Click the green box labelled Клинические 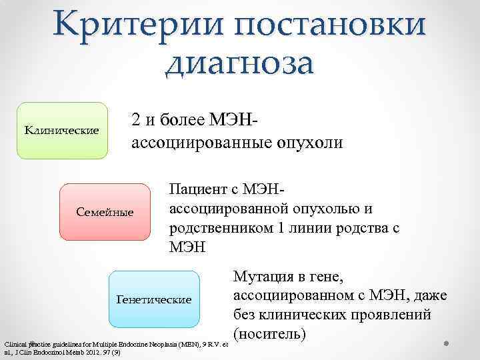click(x=62, y=130)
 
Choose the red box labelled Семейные click(x=105, y=212)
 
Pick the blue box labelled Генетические click(x=154, y=299)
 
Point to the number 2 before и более click(x=136, y=121)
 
